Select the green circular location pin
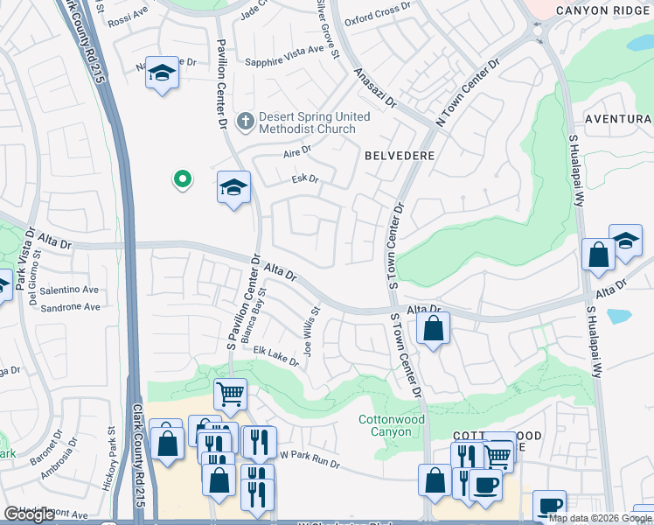tap(183, 179)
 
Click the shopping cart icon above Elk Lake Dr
tap(230, 394)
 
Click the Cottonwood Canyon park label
tap(392, 426)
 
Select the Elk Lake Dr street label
tap(276, 356)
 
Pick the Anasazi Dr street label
tap(373, 88)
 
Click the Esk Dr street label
tap(304, 180)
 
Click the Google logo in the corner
tap(30, 514)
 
